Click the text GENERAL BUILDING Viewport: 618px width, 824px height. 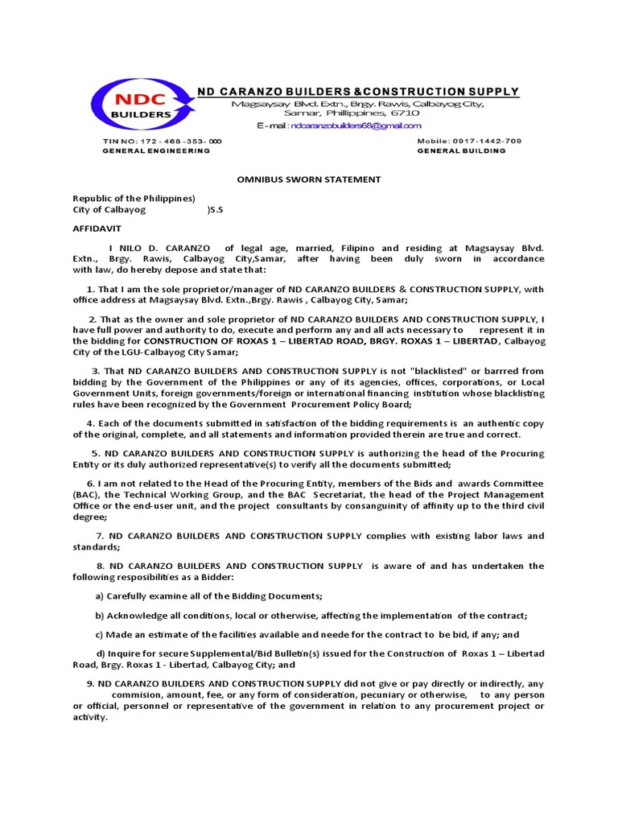click(461, 150)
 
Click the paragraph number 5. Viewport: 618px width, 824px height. click(95, 453)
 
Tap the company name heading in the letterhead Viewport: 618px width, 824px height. click(358, 91)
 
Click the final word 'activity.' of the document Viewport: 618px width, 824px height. click(89, 717)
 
